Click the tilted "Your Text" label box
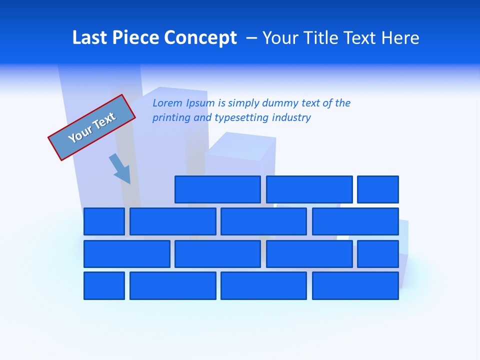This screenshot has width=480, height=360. point(92,127)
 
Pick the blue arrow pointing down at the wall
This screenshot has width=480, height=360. point(120,168)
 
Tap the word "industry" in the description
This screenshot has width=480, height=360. point(291,118)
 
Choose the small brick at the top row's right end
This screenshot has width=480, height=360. point(378,189)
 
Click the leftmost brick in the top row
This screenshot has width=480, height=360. point(217,189)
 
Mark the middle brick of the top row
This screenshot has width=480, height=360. point(309,189)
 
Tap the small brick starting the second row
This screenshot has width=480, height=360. point(104,221)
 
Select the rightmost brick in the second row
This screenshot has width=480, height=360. point(355,221)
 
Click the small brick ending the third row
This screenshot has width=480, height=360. point(378,254)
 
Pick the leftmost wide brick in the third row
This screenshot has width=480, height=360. point(126,254)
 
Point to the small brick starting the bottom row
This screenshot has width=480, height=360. point(104,286)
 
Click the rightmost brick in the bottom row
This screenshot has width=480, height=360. point(355,286)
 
